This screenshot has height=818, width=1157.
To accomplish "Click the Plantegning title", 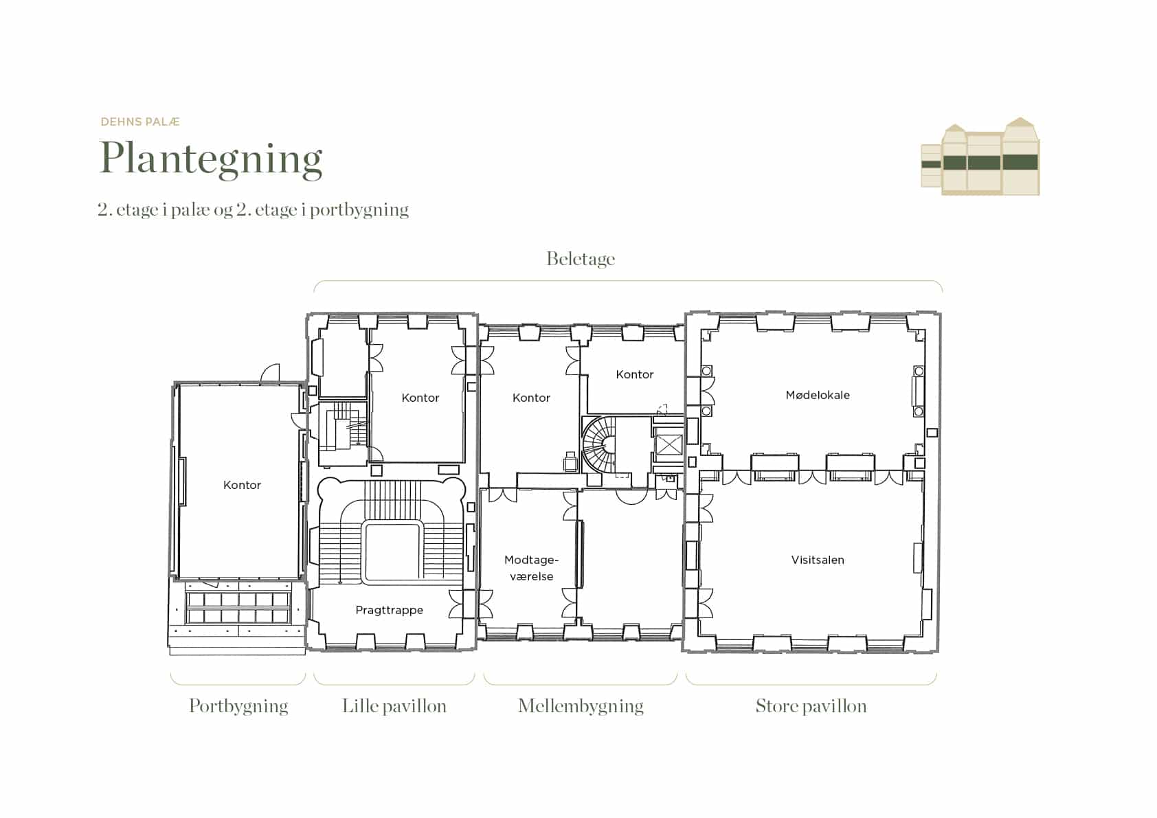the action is coord(211,159).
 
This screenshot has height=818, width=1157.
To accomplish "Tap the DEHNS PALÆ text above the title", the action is coord(140,122).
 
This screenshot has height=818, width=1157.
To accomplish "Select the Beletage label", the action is coord(581,259).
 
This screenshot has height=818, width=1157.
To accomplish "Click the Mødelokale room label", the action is coord(818,395).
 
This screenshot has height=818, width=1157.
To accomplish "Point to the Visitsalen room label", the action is coord(818,560).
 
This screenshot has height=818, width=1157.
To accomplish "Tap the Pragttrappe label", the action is coord(390,611).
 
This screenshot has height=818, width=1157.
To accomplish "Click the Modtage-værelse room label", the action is coord(532,568).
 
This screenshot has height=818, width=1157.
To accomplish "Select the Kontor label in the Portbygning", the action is coord(243,485).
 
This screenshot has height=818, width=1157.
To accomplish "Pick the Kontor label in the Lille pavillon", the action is coord(420,398).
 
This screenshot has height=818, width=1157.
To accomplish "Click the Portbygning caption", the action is coord(238,706).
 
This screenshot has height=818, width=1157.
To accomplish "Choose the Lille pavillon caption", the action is coord(394,706).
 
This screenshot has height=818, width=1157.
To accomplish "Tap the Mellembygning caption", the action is coord(581,706).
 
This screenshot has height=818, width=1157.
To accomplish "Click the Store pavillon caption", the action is coord(811,706).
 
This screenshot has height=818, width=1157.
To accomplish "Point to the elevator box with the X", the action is coord(669,444).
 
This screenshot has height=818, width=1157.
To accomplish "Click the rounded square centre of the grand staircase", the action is coord(392,553).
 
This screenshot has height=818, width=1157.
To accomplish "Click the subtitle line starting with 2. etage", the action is coord(253,209).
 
